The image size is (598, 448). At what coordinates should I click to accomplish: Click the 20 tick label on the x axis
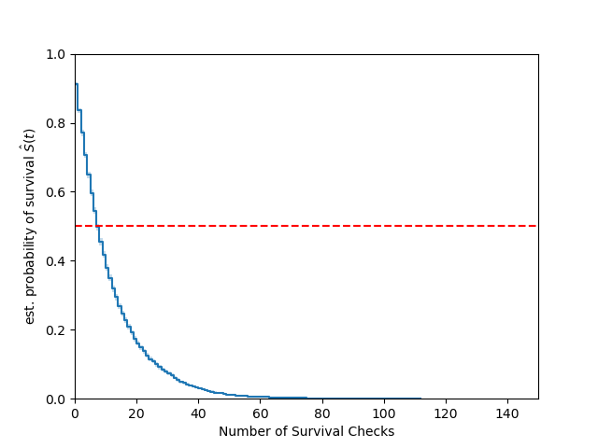136,413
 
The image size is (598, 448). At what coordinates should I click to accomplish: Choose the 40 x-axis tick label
198,413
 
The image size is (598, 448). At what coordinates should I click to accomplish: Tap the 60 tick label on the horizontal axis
260,413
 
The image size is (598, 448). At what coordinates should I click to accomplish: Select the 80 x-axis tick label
321,413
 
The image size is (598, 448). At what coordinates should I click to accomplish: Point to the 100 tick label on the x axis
383,413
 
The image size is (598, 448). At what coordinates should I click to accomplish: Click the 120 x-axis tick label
446,413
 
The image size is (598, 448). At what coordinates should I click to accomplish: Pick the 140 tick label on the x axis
507,413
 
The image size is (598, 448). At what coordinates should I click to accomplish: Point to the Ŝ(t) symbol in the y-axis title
30,142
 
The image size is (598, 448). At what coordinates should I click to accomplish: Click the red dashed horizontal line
327,226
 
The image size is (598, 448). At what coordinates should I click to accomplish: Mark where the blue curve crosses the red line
97,226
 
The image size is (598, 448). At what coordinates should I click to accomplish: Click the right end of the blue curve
420,399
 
